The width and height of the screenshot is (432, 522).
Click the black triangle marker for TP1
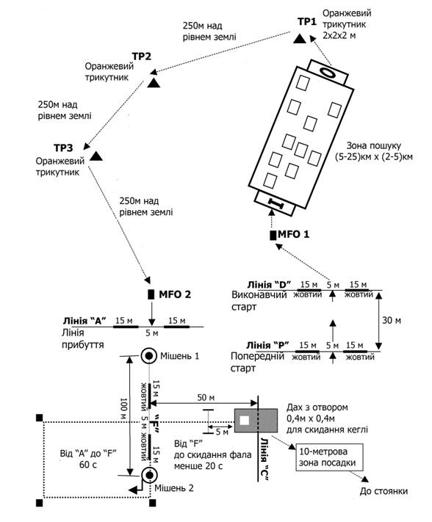pos(300,39)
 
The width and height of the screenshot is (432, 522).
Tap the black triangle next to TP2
pos(154,83)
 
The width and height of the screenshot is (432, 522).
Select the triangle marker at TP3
pos(96,156)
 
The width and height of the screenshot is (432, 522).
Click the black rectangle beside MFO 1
pos(273,235)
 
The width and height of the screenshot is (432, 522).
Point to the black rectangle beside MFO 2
pos(151,294)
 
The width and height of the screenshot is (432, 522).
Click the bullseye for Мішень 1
pos(149,356)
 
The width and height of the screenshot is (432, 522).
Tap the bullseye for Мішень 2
pos(149,475)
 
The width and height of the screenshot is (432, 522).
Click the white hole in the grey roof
pos(245,421)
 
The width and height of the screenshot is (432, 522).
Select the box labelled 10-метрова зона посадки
pos(329,457)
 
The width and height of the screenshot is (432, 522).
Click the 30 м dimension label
pos(392,321)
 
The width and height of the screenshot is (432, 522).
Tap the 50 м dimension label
pos(206,397)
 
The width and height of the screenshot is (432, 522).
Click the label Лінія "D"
pos(269,285)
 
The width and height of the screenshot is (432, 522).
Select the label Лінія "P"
pos(267,345)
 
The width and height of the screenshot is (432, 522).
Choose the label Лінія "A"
pos(84,321)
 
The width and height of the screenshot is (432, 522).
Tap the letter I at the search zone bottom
pos(275,203)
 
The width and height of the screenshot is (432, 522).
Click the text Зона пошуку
pos(374,145)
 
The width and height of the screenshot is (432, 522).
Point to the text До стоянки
pos(384,491)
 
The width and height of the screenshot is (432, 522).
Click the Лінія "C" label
pos(265,459)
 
